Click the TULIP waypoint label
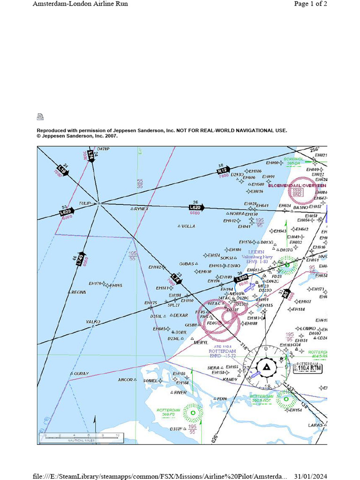coord(85,203)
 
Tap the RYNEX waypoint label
coord(141,209)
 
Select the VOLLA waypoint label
coord(188,226)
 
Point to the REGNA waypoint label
coord(79,292)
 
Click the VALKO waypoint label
coord(93,322)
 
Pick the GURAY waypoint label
coord(81,374)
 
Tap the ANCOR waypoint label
coord(125,380)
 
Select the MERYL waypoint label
coord(200,343)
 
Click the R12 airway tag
coord(222,171)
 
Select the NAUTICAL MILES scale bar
coord(81,438)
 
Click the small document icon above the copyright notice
coord(40,117)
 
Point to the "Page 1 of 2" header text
coord(310,4)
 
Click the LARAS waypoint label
coord(315,425)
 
